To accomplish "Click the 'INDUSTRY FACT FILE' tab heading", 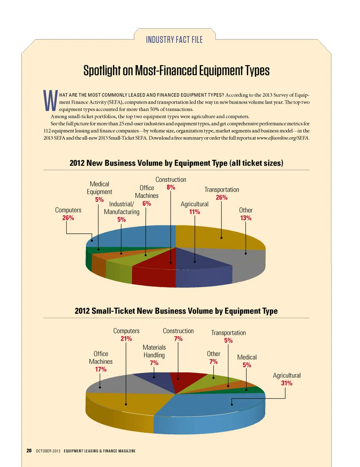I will (x=174, y=40).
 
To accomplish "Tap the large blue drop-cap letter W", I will (x=50, y=101).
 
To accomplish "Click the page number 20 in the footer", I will (x=29, y=450).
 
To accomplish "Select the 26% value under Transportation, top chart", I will (x=221, y=198).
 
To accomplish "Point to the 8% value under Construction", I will (x=171, y=188).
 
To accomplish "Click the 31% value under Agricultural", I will (x=286, y=383).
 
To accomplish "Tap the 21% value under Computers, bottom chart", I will (x=126, y=339).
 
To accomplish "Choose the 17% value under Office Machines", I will (x=100, y=369).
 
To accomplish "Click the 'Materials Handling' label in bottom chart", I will (x=154, y=351).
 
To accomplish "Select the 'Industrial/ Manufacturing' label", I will (x=121, y=208).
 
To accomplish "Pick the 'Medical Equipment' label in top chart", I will (x=99, y=188).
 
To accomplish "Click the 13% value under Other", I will (x=246, y=218).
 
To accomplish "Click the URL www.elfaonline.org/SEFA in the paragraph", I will (x=283, y=138).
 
